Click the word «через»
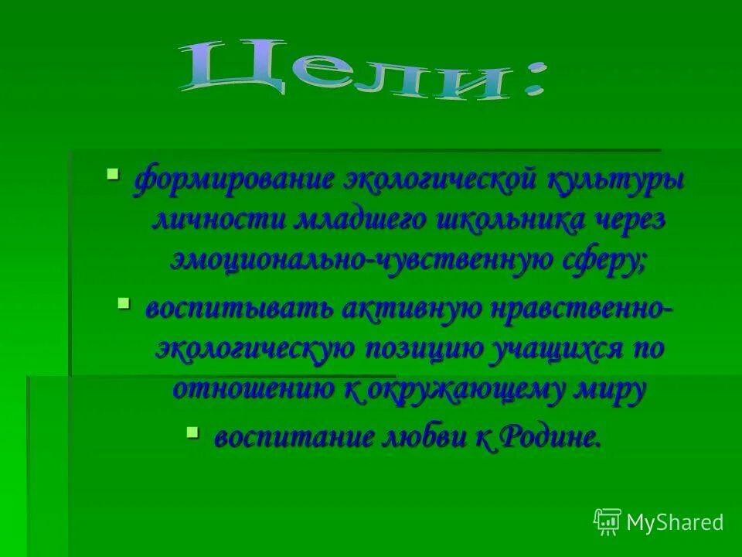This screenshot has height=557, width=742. [630, 220]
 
